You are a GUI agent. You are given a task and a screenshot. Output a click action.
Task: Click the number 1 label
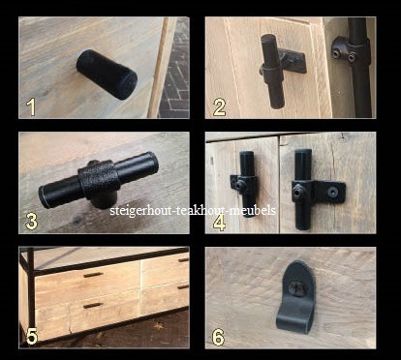click(x=31, y=107)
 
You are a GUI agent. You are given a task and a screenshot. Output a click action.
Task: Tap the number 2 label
click(x=219, y=107)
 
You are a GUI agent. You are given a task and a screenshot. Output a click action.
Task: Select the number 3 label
click(x=31, y=222)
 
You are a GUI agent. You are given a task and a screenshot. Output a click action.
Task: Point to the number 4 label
click(x=220, y=224)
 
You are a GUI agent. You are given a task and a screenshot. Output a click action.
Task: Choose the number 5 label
click(x=32, y=337)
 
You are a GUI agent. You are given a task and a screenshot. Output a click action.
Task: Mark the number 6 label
click(x=218, y=338)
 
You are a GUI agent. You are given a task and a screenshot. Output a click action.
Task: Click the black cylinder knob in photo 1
click(x=107, y=75)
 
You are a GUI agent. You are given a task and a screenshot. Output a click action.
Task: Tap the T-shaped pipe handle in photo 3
click(x=99, y=181)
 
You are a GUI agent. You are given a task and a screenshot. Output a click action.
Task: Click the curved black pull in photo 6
click(x=295, y=297)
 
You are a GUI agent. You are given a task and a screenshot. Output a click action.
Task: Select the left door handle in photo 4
click(x=245, y=184)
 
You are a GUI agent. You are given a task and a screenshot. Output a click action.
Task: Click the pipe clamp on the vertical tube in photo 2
click(x=351, y=52)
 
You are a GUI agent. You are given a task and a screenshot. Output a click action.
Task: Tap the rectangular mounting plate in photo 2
click(x=292, y=61)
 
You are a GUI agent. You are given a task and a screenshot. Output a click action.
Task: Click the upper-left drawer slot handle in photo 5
click(x=93, y=275)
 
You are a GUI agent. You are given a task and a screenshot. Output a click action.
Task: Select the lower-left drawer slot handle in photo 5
click(x=93, y=306)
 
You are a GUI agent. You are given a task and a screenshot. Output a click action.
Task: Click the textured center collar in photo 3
click(x=99, y=181)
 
